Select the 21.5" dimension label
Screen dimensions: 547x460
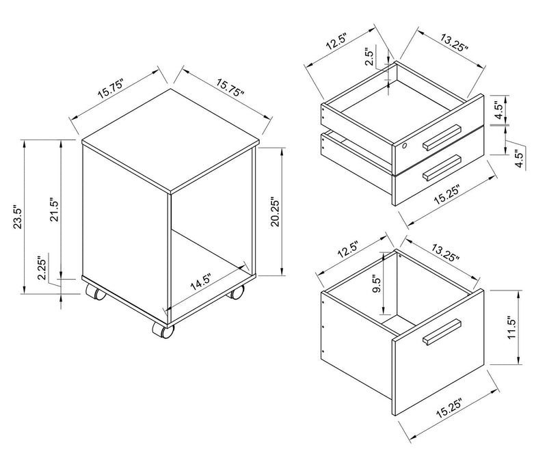point(55,210)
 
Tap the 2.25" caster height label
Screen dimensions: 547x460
point(42,269)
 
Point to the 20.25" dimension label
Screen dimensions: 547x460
point(276,213)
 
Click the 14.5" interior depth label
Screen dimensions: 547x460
point(201,282)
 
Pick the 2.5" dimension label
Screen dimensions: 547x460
point(369,57)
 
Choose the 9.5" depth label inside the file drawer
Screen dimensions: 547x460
point(377,285)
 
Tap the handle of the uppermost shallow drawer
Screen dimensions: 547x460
point(442,137)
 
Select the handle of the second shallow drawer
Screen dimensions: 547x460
point(442,167)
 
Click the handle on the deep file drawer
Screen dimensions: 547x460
point(442,332)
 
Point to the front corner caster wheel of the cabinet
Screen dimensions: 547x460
point(163,330)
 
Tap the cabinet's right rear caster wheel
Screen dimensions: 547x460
point(236,293)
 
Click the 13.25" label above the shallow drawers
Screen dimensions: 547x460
point(453,43)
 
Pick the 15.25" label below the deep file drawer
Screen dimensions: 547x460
point(449,408)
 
